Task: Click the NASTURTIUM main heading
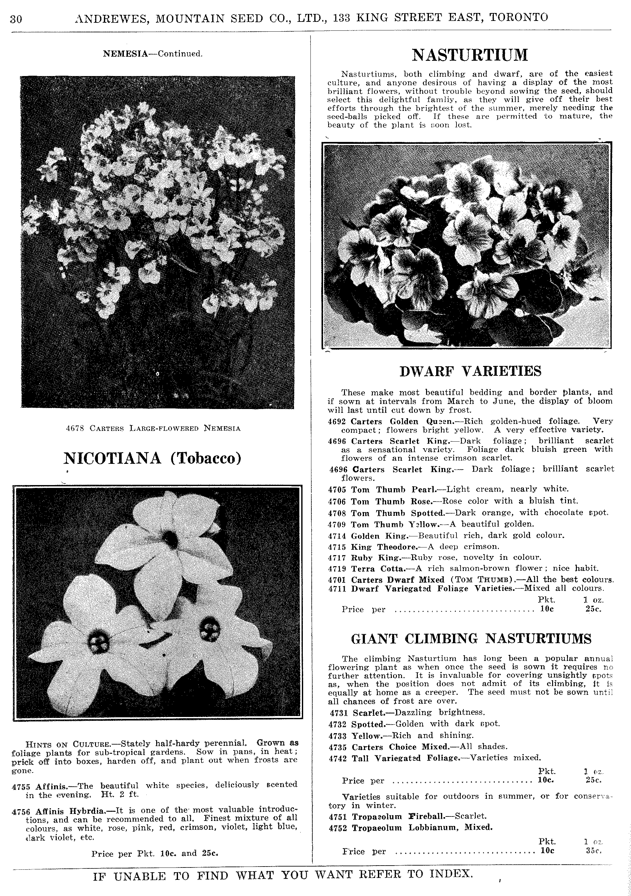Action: pos(469,55)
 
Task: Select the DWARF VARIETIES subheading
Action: pos(470,371)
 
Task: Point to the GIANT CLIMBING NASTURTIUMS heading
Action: pos(471,639)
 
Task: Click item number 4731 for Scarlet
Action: pos(338,713)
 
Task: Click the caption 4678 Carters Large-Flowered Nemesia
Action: pos(153,428)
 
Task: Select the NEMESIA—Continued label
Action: pos(153,54)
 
